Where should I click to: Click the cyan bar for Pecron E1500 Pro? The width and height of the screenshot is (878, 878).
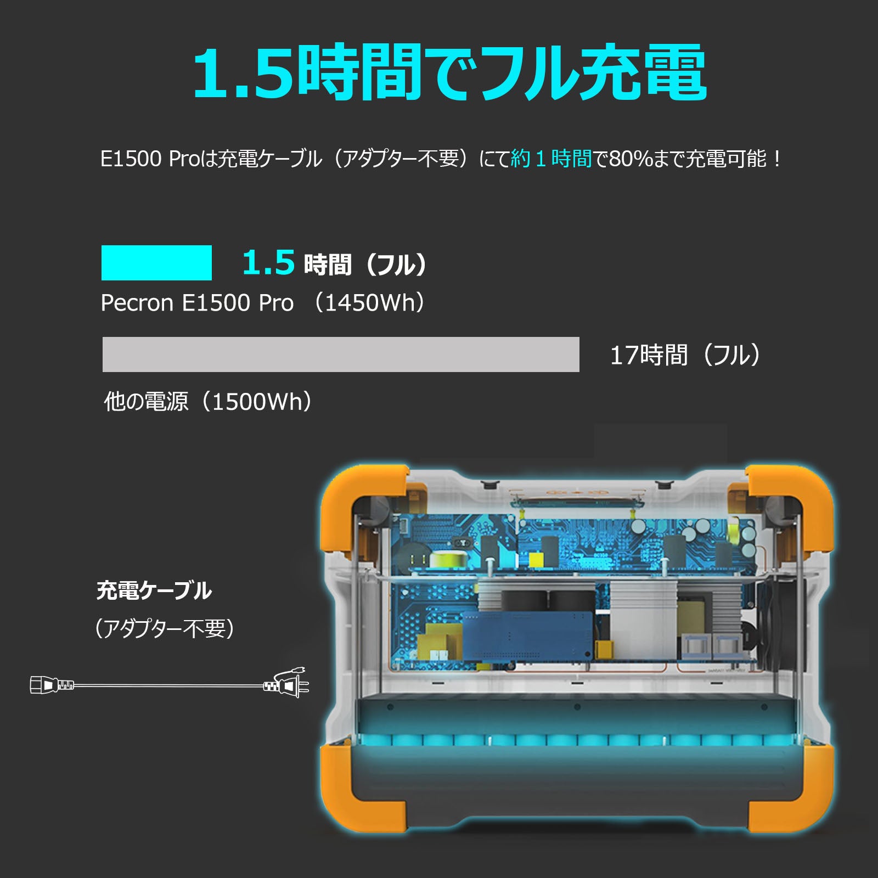[x=156, y=263]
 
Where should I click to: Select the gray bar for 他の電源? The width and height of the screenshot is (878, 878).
[x=341, y=354]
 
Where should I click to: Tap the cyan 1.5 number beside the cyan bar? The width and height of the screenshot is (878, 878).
[x=268, y=262]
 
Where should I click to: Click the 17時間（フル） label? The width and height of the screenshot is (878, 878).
[x=685, y=355]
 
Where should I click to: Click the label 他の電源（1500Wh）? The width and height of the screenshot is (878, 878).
[x=208, y=402]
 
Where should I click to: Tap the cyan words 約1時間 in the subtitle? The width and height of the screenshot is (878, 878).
[x=551, y=159]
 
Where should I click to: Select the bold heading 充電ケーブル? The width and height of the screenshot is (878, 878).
[x=154, y=590]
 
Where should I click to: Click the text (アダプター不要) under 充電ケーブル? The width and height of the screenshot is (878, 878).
[x=165, y=629]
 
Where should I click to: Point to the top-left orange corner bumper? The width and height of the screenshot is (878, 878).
[x=357, y=494]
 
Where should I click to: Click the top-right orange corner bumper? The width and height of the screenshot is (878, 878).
[x=796, y=494]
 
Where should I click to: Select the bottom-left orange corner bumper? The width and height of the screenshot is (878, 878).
[x=357, y=790]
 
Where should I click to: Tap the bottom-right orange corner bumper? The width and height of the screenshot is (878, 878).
[x=796, y=790]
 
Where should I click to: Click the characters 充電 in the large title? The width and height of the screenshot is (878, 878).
[x=642, y=73]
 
